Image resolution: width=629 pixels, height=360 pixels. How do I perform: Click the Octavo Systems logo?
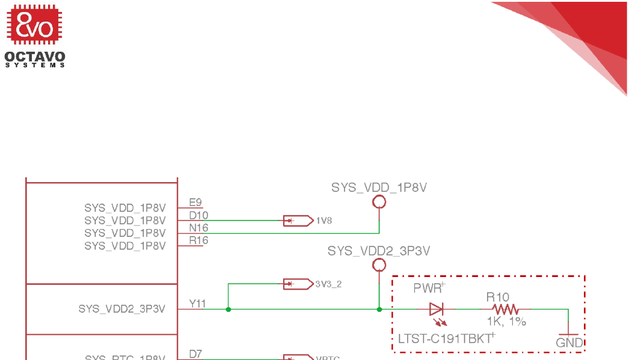(x=35, y=35)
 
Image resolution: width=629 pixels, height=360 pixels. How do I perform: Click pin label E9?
(x=195, y=203)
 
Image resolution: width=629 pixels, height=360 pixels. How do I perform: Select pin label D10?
(x=198, y=215)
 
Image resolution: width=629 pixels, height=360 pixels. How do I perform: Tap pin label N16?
(x=198, y=228)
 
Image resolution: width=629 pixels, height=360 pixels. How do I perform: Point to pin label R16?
(x=198, y=240)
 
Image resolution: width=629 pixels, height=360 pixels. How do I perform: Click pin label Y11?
(x=198, y=304)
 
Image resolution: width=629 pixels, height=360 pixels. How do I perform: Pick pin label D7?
(x=195, y=354)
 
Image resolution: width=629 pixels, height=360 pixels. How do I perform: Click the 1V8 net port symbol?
(x=298, y=221)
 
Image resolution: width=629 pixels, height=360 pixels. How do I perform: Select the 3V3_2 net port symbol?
(x=298, y=284)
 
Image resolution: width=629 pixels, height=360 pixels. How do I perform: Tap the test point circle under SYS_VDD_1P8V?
(x=379, y=202)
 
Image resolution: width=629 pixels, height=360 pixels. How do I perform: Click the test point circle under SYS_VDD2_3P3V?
(x=379, y=265)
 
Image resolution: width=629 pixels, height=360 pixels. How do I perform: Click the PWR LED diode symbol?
(x=437, y=310)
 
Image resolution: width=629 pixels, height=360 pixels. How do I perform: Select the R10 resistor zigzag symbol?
(x=507, y=310)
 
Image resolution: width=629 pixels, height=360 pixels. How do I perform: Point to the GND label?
(x=569, y=343)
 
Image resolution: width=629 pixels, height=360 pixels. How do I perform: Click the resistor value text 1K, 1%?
(x=506, y=322)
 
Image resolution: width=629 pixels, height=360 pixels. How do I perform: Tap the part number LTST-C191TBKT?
(x=444, y=339)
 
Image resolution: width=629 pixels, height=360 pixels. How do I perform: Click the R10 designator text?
(x=498, y=297)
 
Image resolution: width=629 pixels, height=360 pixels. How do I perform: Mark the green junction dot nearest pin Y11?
(x=228, y=310)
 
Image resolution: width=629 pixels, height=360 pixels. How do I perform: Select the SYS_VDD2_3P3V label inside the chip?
(x=121, y=309)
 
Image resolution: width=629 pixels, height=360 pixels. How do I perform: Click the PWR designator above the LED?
(x=428, y=288)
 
